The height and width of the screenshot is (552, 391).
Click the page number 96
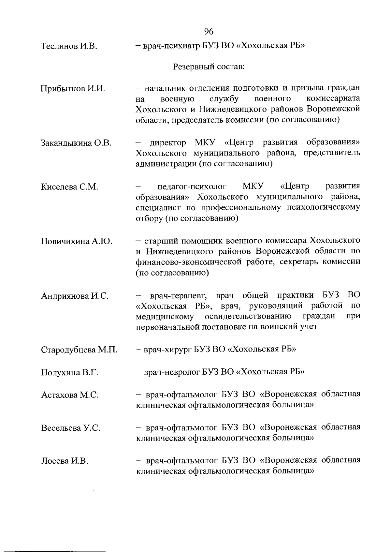point(209,31)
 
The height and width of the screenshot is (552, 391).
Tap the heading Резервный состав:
point(209,67)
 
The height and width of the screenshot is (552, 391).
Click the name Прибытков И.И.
point(73,89)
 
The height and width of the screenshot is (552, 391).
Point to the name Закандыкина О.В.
point(76,143)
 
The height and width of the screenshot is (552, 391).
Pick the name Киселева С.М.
point(69,187)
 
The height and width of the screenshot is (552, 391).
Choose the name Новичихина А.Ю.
point(77,242)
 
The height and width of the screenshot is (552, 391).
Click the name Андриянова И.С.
point(75,296)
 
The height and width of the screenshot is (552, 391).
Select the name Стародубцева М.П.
point(79,350)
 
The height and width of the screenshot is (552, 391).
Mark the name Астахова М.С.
point(70,395)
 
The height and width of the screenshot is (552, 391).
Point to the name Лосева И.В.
point(65,461)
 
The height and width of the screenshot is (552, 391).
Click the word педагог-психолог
point(192,187)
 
